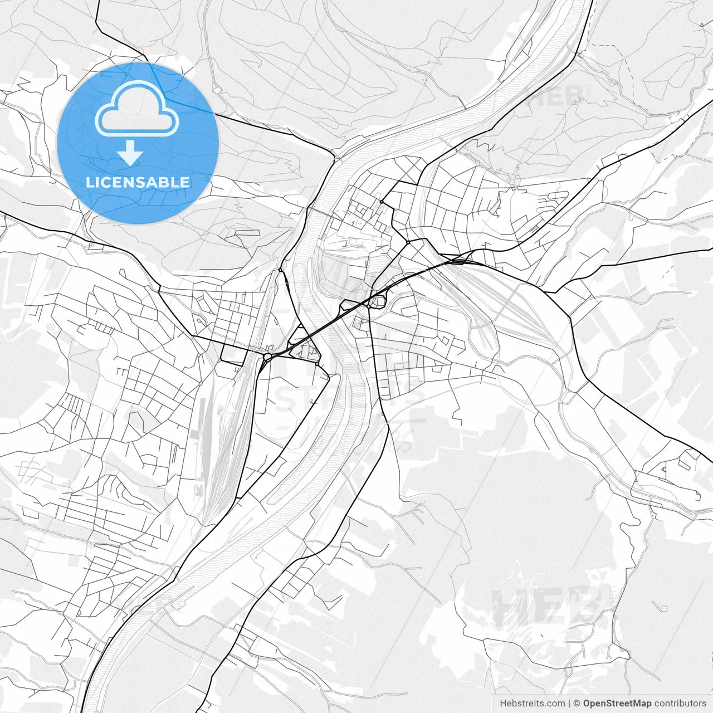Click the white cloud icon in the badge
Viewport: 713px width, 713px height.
click(x=137, y=109)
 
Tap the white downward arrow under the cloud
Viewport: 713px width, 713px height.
click(x=130, y=153)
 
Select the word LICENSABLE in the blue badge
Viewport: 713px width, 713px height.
click(x=138, y=182)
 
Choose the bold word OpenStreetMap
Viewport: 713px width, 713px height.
click(x=617, y=704)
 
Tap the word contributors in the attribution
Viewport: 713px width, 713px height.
click(x=680, y=704)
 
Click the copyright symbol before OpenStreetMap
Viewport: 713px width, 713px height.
click(x=577, y=704)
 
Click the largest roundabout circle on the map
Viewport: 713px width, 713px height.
click(x=267, y=357)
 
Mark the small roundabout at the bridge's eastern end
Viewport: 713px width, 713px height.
click(x=368, y=306)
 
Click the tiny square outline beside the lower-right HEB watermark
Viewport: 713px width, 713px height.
click(x=663, y=607)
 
